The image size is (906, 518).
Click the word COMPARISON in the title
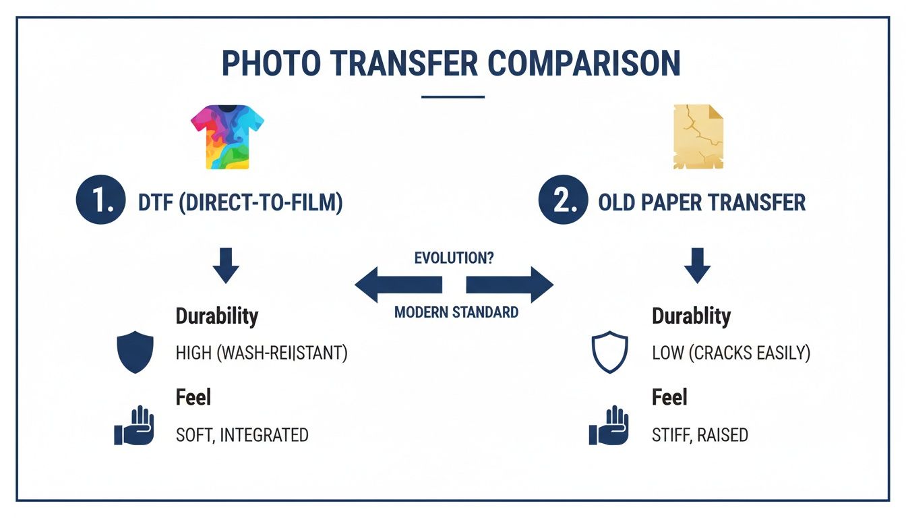(x=584, y=63)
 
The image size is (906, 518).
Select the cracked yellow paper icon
(x=698, y=136)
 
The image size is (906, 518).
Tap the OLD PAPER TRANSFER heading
(x=702, y=202)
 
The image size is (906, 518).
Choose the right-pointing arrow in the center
(x=510, y=285)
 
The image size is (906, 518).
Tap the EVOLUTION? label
(x=454, y=258)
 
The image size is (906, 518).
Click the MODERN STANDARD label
(x=456, y=312)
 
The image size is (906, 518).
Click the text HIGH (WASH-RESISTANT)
(x=262, y=353)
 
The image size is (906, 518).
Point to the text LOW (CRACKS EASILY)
(x=731, y=353)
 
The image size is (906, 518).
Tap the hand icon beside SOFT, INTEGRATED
(x=134, y=426)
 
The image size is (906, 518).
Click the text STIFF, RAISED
(x=700, y=434)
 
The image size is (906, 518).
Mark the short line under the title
(x=453, y=96)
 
